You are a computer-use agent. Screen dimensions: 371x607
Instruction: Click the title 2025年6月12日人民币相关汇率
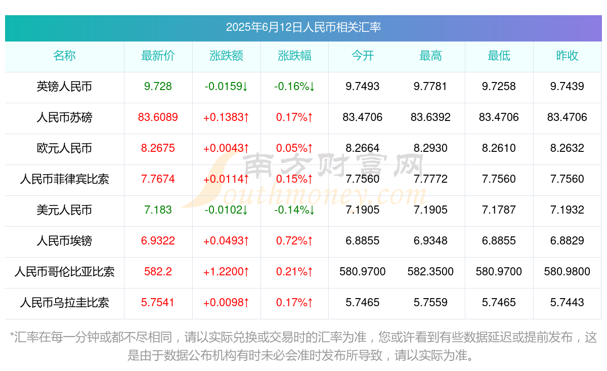[x=303, y=27]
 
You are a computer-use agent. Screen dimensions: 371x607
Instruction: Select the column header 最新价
[x=158, y=56]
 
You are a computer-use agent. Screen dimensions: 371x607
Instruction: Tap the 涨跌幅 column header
[x=294, y=56]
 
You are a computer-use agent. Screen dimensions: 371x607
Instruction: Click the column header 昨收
[x=567, y=56]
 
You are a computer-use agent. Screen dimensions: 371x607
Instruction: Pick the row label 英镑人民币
[x=64, y=87]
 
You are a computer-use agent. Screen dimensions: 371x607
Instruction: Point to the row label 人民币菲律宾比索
[x=64, y=179]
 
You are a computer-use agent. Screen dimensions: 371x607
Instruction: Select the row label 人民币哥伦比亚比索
[x=64, y=272]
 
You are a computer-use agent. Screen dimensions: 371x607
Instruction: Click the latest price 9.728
[x=158, y=87]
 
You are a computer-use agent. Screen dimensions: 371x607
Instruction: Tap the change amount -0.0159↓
[x=226, y=87]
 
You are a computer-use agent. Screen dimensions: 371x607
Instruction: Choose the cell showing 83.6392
[x=430, y=117]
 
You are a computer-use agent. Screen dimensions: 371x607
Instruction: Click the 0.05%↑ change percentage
[x=294, y=148]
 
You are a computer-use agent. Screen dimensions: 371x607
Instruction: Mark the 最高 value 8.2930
[x=430, y=148]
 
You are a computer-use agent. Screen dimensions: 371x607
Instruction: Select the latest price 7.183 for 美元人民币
[x=158, y=210]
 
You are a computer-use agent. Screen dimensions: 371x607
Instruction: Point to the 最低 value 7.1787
[x=499, y=210]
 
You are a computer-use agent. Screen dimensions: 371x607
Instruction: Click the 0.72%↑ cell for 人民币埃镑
[x=294, y=241]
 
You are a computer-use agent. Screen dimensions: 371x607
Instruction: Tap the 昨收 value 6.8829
[x=567, y=241]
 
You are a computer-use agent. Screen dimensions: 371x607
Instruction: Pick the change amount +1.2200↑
[x=226, y=272]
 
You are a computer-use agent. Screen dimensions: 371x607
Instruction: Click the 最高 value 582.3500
[x=430, y=272]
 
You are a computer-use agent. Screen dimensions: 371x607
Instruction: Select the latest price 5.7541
[x=158, y=303]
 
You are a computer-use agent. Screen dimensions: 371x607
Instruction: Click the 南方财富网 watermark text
[x=334, y=164]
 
